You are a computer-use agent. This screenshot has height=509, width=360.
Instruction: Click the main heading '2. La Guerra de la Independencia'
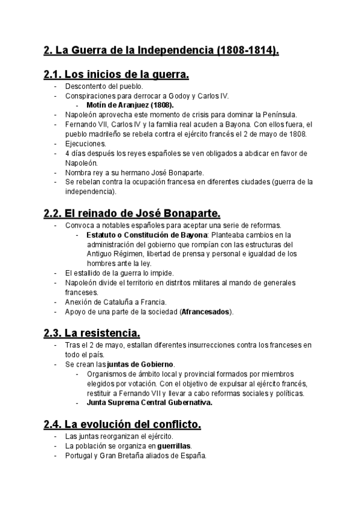161,51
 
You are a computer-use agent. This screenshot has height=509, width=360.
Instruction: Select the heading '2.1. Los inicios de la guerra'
116,75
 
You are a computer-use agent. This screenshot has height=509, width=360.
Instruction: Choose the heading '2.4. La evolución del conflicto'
122,424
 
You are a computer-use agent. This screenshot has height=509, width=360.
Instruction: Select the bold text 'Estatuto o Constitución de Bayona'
138,235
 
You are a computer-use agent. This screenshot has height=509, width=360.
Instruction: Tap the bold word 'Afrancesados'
206,312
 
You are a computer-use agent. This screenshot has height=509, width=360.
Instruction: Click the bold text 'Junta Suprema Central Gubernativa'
149,403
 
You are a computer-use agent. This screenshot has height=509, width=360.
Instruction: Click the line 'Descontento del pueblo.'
100,86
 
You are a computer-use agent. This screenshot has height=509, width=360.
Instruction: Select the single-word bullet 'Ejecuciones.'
85,143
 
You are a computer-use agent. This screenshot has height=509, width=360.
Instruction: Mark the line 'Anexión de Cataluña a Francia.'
116,302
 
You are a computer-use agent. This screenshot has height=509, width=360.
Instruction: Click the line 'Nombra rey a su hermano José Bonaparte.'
134,172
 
